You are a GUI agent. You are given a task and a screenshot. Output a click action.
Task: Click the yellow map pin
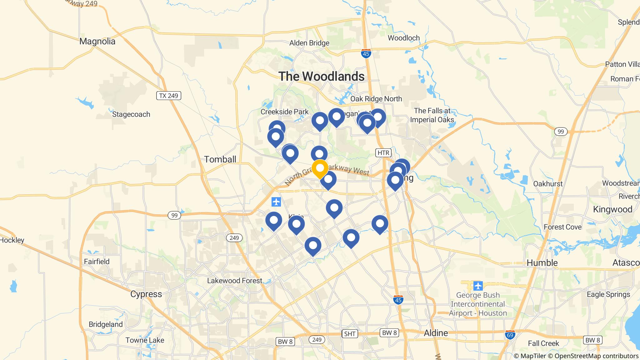(320, 168)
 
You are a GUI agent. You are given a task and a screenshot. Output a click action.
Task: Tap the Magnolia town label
(97, 41)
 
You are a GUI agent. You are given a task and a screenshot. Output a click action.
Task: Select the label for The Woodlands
(321, 76)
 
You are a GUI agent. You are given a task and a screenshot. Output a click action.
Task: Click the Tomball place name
(220, 159)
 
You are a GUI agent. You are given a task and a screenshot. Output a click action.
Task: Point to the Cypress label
(146, 294)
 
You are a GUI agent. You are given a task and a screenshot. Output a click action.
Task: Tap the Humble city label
(542, 263)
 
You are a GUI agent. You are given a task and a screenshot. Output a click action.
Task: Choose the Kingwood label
(612, 209)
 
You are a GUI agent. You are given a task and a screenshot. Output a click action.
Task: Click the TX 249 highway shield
(168, 96)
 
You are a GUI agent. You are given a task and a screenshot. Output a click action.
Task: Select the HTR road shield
(383, 153)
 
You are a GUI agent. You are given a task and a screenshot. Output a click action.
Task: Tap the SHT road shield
(349, 334)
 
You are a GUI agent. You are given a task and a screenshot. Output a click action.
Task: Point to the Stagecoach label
(131, 114)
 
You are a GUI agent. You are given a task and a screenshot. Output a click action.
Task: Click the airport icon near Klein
(276, 202)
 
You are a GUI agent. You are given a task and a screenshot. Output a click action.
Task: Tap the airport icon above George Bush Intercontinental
(478, 286)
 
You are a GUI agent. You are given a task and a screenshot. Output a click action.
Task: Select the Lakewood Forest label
(234, 281)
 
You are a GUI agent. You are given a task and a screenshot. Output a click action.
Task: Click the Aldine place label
(436, 333)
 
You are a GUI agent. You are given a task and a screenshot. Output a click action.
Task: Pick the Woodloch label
(403, 38)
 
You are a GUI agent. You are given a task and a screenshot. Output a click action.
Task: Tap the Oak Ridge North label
(376, 99)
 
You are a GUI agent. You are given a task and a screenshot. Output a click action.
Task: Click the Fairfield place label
(97, 261)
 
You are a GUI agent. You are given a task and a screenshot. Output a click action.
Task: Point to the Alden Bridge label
(309, 43)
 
